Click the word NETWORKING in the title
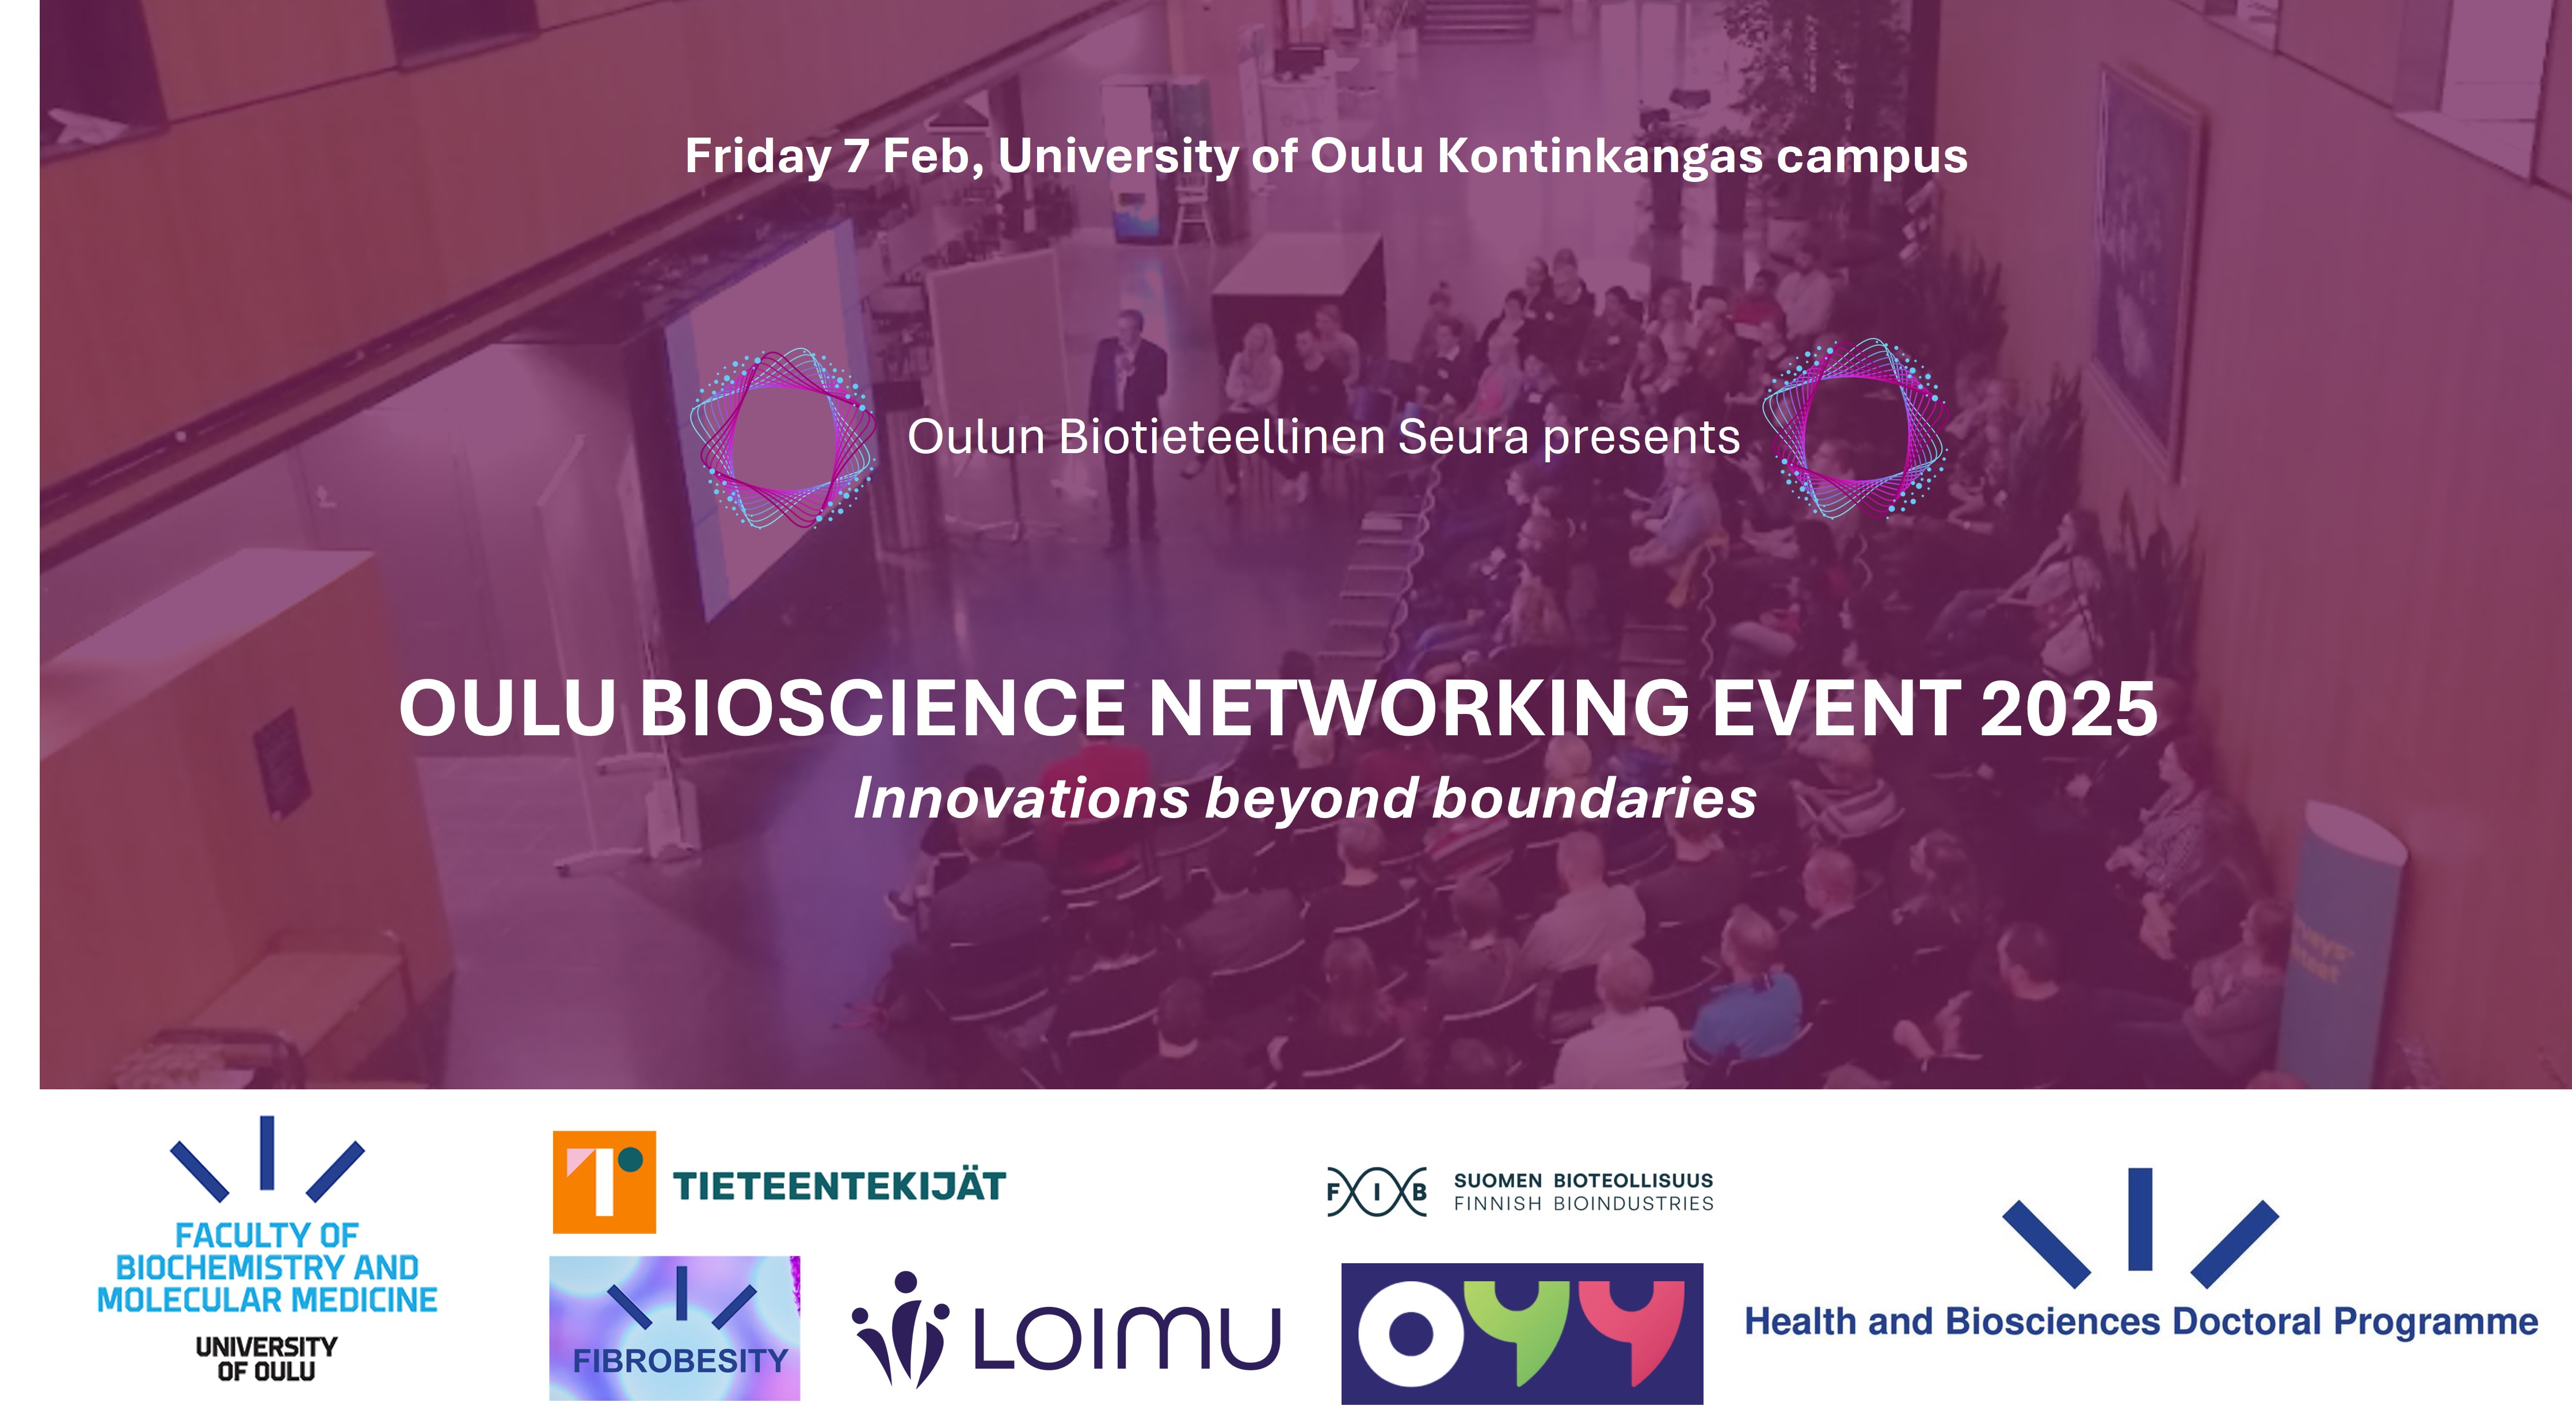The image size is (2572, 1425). [1419, 708]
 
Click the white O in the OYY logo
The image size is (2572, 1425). [1411, 1333]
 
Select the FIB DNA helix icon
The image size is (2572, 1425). [1377, 1191]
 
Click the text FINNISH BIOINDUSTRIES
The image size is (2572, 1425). [1583, 1204]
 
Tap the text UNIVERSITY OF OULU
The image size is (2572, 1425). [266, 1359]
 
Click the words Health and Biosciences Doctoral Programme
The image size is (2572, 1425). [2141, 1322]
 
